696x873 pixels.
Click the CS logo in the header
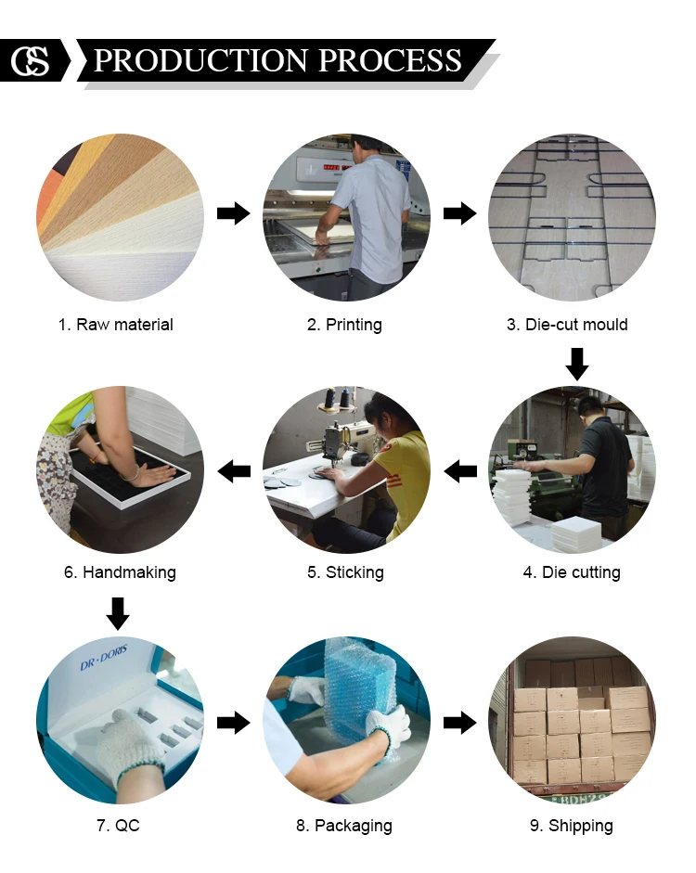[x=30, y=60]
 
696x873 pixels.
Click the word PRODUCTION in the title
[x=201, y=60]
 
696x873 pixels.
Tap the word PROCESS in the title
[x=391, y=60]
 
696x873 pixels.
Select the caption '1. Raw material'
[x=116, y=325]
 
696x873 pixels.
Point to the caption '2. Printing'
[x=344, y=325]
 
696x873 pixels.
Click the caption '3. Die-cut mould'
[x=567, y=325]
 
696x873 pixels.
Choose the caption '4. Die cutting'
[x=572, y=572]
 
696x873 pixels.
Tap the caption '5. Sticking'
[x=345, y=572]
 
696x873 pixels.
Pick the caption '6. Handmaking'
[x=121, y=572]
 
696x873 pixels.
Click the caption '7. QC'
[x=118, y=825]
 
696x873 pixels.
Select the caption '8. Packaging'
[x=344, y=826]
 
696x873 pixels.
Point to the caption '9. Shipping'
[x=572, y=826]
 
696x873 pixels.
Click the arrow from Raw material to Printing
[x=234, y=212]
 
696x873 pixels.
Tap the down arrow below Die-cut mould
[x=577, y=365]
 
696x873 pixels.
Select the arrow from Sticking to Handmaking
[x=234, y=471]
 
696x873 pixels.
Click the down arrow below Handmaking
[x=118, y=614]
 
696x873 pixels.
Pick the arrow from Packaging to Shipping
[x=460, y=724]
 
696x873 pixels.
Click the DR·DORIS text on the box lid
[x=104, y=658]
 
